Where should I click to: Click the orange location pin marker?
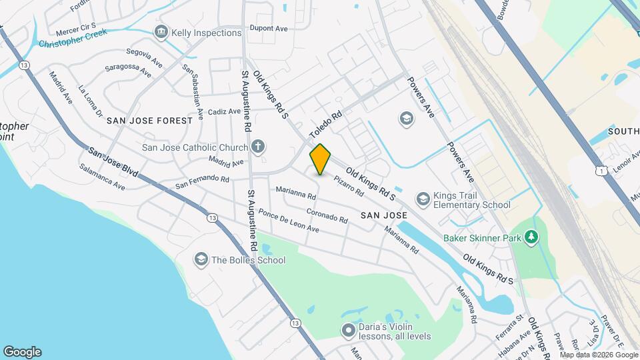point(321,159)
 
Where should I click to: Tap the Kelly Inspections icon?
point(161,32)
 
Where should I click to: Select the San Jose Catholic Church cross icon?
point(258,147)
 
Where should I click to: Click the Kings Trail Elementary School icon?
point(423,199)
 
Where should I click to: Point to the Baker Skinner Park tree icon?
point(531,237)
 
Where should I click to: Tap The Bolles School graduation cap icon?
point(201,259)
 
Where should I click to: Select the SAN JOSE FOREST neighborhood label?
point(149,121)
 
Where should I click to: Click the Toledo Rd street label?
point(325,125)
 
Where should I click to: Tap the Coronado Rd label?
point(327,216)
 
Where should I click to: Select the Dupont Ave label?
point(268,29)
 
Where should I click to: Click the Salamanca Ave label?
point(102,177)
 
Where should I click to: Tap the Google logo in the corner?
point(22,351)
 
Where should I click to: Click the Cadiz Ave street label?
point(223,113)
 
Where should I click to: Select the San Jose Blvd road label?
point(113,161)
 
